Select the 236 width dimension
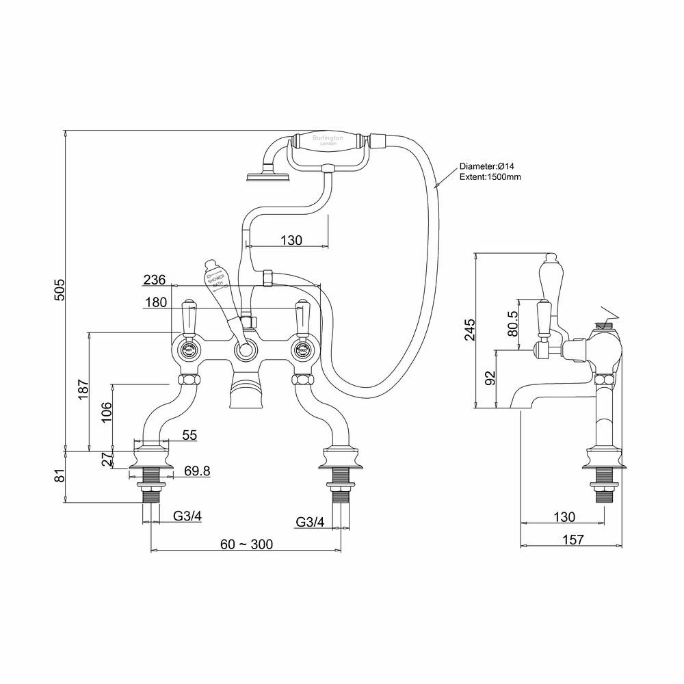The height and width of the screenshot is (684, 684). click(155, 280)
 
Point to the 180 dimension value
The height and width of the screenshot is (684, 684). click(156, 302)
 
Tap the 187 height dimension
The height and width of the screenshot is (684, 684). click(83, 391)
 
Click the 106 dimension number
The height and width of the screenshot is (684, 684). click(106, 413)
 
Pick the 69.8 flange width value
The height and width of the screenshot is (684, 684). click(196, 471)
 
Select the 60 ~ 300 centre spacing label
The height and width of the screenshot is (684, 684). click(246, 544)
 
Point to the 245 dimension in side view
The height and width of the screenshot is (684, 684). click(469, 331)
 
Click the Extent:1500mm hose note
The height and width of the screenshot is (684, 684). click(490, 176)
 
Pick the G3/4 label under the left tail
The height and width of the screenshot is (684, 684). click(187, 516)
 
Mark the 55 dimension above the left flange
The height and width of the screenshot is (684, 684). click(189, 435)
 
